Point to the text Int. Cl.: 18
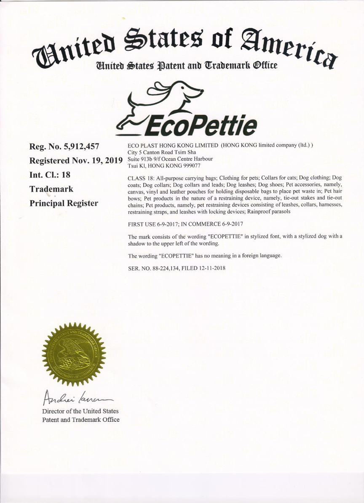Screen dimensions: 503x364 [x=50, y=175]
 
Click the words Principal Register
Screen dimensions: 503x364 [x=64, y=203]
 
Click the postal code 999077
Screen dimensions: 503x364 [x=192, y=165]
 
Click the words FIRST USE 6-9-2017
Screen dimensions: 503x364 [x=153, y=224]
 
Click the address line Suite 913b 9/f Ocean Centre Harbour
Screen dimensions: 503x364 [x=170, y=159]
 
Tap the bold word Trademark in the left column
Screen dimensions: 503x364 [x=51, y=189]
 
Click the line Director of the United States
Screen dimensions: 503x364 [x=80, y=411]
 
